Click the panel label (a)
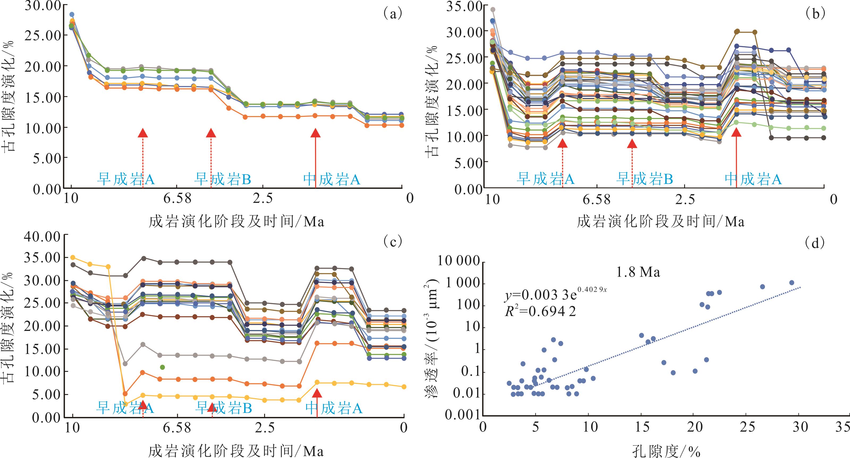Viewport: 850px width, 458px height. (393, 14)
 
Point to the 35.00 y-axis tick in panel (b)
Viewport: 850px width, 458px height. (464, 7)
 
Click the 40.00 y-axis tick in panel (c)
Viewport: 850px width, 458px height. (42, 237)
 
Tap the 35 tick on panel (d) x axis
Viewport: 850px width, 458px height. (843, 427)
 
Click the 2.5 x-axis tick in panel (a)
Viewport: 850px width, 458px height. (263, 198)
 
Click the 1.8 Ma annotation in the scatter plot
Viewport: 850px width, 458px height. (638, 272)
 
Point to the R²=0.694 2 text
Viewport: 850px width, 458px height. (540, 311)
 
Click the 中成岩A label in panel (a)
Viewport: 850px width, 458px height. (332, 179)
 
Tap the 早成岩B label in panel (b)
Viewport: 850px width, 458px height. (644, 179)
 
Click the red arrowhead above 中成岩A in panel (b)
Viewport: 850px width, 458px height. (736, 132)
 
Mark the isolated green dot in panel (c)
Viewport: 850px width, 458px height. (162, 367)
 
